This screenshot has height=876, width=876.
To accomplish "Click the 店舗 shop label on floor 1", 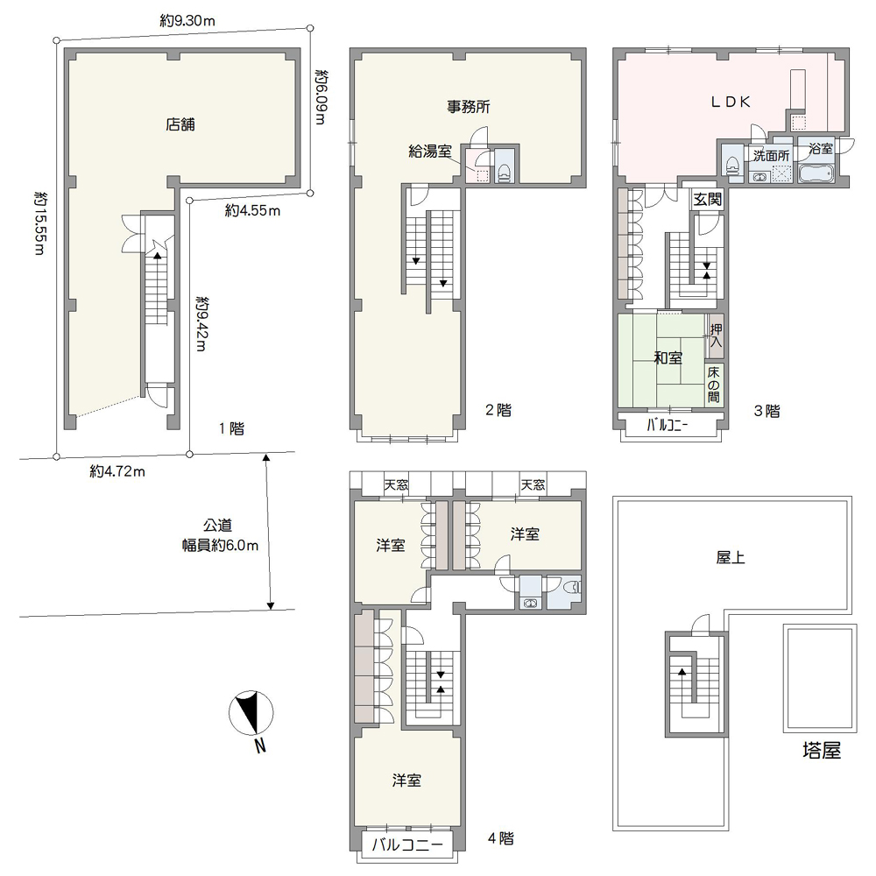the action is click(x=180, y=124).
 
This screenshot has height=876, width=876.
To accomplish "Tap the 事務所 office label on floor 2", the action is click(x=468, y=106).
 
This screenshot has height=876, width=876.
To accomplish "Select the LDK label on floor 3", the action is click(x=731, y=101).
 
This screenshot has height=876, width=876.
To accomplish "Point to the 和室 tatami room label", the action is click(x=668, y=357).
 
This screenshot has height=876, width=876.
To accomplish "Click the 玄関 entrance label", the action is click(x=707, y=199).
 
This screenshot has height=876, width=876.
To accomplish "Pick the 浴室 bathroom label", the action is click(x=821, y=148).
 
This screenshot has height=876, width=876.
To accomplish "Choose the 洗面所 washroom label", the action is click(x=771, y=155).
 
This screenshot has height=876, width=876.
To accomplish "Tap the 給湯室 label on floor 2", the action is click(x=429, y=151).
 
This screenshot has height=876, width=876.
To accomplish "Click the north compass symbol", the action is click(x=251, y=713).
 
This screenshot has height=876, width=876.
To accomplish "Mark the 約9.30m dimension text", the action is click(x=187, y=21).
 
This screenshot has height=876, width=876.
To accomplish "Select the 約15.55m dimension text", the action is click(x=39, y=223).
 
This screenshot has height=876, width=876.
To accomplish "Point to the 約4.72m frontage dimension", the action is click(x=117, y=471).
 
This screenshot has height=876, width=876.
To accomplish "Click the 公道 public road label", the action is click(x=217, y=525).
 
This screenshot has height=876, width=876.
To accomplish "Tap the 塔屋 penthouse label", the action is click(x=822, y=751).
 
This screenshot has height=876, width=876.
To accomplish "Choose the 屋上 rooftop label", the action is click(x=731, y=557).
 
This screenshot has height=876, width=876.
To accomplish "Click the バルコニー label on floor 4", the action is click(x=407, y=844).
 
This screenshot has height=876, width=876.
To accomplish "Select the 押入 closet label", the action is click(x=715, y=336).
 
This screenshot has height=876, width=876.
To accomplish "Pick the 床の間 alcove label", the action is click(x=713, y=385).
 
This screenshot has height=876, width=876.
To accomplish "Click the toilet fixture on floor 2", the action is click(x=504, y=172).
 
